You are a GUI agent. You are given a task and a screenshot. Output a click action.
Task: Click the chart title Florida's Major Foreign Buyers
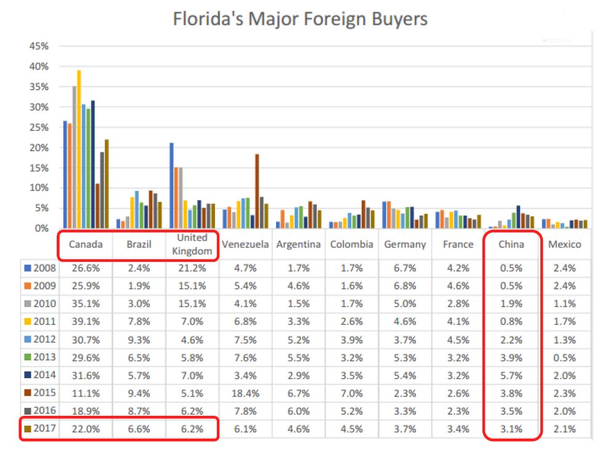[x=299, y=18]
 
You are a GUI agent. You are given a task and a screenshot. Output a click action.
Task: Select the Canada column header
[x=86, y=245]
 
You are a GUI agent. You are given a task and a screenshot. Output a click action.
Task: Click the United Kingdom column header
[x=192, y=245]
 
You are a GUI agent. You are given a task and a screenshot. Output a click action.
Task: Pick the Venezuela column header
[x=245, y=245]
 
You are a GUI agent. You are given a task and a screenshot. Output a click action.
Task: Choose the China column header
[x=511, y=245]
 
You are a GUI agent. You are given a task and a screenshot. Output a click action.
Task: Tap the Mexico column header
[x=564, y=245]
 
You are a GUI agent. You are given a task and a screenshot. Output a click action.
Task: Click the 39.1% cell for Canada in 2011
[x=86, y=322]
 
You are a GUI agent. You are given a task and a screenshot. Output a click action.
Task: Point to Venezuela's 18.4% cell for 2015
[x=245, y=393]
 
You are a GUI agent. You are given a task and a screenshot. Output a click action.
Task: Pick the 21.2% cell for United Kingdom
[x=192, y=268]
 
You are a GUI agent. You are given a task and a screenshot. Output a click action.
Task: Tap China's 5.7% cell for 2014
[x=511, y=375]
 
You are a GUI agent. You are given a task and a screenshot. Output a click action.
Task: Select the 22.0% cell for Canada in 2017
[x=86, y=429]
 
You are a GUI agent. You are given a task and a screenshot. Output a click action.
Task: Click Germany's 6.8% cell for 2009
[x=405, y=286]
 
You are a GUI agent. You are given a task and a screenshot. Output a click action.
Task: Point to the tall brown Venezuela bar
[x=257, y=191]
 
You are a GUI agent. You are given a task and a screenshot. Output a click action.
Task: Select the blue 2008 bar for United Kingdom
[x=171, y=185]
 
